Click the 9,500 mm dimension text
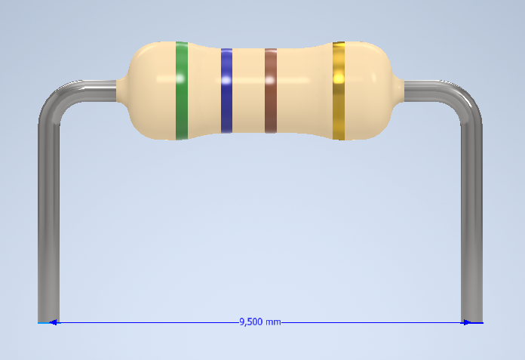click(259, 322)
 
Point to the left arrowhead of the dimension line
click(53, 322)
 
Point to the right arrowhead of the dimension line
click(468, 322)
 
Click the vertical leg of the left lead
click(48, 226)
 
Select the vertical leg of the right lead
click(471, 226)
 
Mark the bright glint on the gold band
click(339, 78)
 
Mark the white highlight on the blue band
click(226, 79)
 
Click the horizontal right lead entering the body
click(422, 90)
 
